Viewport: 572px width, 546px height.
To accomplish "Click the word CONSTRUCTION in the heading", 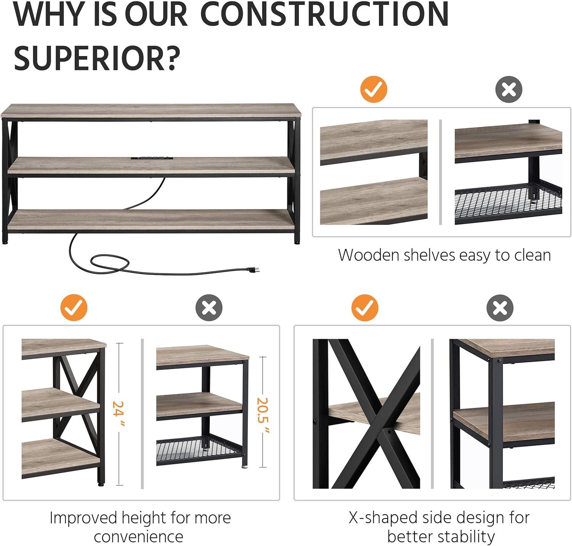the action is (325, 14).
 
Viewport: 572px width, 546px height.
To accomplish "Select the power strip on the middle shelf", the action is (152, 158).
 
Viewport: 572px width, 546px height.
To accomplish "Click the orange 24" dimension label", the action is (119, 414).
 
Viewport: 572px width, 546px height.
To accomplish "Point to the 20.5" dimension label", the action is (263, 415).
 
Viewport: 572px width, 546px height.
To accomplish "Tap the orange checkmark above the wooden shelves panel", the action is (374, 89).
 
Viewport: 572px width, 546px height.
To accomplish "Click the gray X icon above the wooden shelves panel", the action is (509, 89).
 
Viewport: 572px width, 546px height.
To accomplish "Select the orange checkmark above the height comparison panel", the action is (74, 308).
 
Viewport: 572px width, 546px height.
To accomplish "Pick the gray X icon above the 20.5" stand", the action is (209, 308).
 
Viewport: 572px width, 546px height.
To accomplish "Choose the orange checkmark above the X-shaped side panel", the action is (365, 308).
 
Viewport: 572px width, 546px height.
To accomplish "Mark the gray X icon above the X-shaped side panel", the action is (500, 308).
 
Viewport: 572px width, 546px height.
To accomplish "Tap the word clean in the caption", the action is (532, 255).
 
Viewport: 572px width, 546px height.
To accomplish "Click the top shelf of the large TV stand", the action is (151, 111).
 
